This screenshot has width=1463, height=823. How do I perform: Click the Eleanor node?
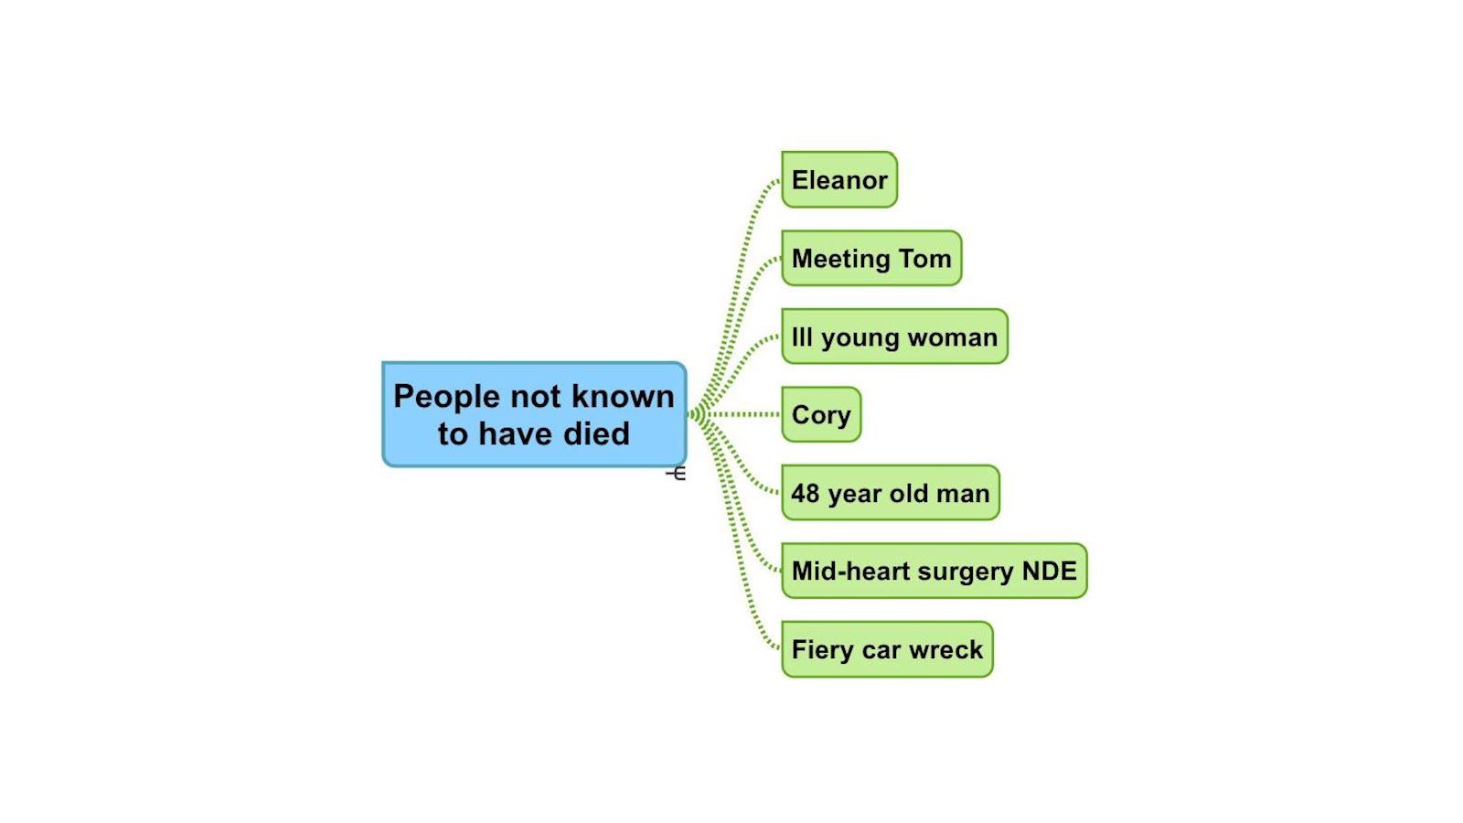[839, 180]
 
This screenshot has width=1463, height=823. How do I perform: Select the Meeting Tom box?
[871, 259]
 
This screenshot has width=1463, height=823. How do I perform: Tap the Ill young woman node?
[894, 337]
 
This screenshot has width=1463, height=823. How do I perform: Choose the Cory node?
[821, 415]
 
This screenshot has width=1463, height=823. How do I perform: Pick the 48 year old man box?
[891, 494]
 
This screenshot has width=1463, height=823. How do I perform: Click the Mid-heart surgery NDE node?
[934, 572]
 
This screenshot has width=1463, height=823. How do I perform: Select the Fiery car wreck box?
[887, 650]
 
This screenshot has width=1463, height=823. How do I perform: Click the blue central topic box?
[534, 414]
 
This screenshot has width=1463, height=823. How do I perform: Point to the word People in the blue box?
[446, 397]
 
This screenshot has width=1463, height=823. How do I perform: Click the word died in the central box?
[596, 433]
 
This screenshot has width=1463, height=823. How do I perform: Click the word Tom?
[925, 259]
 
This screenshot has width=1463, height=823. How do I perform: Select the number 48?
[805, 494]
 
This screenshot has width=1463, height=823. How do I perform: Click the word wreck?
[945, 650]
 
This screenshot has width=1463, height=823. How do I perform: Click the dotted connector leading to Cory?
[742, 414]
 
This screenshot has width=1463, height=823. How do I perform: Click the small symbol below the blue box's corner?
[676, 473]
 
